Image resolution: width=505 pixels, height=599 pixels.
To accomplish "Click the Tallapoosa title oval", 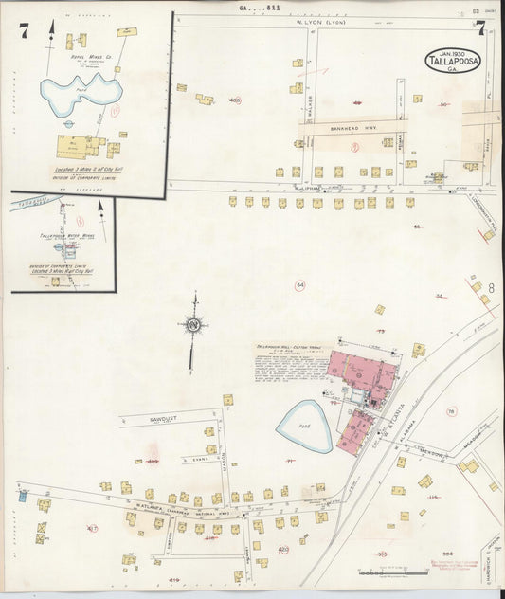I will tap(453, 61).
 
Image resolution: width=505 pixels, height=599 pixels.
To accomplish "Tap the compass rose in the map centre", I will tap(192, 325).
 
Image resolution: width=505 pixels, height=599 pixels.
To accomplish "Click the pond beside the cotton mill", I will tap(304, 426).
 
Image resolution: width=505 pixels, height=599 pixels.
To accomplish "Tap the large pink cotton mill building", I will tap(361, 372).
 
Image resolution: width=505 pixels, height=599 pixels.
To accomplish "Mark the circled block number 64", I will tap(300, 285).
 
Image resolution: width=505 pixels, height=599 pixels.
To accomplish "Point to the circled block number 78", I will tap(451, 410).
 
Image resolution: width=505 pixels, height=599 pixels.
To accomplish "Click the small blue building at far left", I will tap(22, 495).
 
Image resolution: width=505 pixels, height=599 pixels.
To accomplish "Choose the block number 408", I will tap(234, 100).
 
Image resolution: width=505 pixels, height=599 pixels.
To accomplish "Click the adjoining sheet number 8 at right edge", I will tap(491, 287).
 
